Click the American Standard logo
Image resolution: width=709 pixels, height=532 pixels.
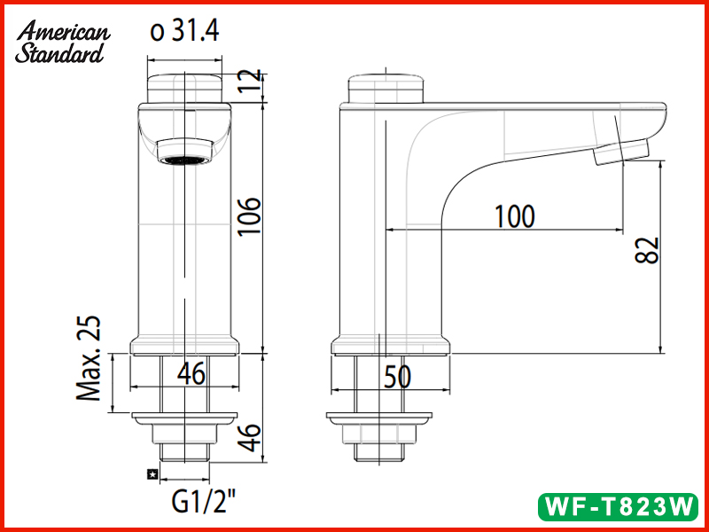point(62,42)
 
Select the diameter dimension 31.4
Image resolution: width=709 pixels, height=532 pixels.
point(184,32)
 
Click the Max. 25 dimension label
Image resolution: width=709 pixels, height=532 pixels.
point(90,359)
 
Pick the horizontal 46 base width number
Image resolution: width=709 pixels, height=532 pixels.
point(190,374)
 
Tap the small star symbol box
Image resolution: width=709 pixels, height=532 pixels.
point(152,475)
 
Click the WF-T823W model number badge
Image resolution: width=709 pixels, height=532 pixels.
point(619,507)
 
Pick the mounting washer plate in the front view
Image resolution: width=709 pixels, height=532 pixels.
point(185,417)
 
